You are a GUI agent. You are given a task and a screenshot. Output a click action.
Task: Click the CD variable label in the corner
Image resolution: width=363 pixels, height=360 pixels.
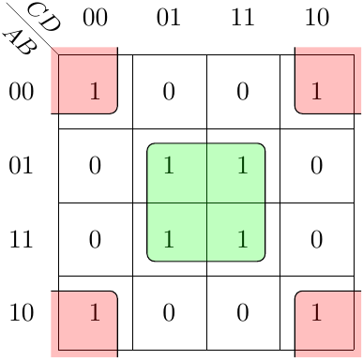click(x=44, y=16)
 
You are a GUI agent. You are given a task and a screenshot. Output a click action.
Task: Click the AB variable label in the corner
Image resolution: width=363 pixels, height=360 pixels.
click(x=21, y=43)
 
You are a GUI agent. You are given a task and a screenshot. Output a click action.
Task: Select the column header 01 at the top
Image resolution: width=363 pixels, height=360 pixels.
click(x=169, y=18)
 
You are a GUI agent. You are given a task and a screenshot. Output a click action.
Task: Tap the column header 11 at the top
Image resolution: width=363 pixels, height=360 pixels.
click(x=243, y=18)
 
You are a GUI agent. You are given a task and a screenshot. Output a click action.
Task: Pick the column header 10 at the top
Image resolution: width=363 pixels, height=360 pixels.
click(x=317, y=18)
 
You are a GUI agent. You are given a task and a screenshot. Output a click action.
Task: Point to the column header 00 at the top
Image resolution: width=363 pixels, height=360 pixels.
click(x=95, y=18)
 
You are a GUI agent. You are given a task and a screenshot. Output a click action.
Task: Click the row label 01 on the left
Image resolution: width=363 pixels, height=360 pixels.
click(x=21, y=165)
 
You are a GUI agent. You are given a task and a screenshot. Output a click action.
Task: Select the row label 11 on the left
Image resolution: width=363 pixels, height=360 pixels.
click(x=21, y=239)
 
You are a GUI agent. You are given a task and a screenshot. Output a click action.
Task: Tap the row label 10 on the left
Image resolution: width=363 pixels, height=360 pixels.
click(x=22, y=313)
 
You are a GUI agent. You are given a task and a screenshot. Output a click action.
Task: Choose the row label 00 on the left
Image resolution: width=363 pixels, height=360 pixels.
click(x=21, y=92)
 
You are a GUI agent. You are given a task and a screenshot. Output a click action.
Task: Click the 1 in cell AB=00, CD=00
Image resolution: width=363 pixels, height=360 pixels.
click(x=95, y=91)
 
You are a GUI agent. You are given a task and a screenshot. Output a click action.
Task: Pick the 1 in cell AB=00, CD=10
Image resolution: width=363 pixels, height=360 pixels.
click(x=316, y=91)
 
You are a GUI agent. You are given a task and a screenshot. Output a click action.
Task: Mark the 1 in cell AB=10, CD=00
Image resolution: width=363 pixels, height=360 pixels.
click(x=95, y=312)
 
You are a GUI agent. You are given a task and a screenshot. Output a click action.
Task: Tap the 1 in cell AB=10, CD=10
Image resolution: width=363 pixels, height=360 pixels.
click(x=316, y=312)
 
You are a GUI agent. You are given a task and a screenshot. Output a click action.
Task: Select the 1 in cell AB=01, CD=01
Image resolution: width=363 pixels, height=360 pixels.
click(x=169, y=165)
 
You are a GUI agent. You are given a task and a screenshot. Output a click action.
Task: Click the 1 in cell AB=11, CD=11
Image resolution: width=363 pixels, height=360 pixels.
click(x=243, y=239)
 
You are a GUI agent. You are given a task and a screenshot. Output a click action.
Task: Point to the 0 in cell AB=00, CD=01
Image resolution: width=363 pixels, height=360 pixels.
click(x=169, y=92)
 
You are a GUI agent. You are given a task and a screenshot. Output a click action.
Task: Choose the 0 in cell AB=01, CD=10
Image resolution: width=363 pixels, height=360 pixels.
click(x=317, y=165)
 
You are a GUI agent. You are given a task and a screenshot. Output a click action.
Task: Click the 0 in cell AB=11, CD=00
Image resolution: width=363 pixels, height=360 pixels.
click(x=95, y=239)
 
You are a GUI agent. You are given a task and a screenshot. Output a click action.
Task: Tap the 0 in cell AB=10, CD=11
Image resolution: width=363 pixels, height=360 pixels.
click(x=243, y=313)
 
